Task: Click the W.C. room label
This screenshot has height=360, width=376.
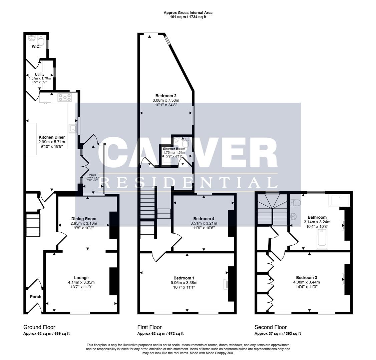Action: [36, 46]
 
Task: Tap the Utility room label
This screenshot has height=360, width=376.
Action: [40, 75]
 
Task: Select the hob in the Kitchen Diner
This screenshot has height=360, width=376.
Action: [65, 98]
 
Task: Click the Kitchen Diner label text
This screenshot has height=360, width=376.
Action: [52, 137]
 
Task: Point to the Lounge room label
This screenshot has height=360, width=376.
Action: [81, 278]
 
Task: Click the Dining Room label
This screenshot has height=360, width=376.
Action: [84, 219]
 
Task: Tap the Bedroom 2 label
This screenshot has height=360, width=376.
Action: [166, 96]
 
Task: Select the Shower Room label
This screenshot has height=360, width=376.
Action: [174, 149]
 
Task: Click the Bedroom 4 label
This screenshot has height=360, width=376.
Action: [204, 219]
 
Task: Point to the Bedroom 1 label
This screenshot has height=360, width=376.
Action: [184, 278]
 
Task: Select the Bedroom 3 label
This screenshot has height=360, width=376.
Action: [306, 277]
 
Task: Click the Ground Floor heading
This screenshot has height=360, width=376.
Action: [39, 327]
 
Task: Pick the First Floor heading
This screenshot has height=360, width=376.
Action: [149, 327]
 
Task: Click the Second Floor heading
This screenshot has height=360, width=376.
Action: [271, 327]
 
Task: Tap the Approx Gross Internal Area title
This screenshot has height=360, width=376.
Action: [188, 13]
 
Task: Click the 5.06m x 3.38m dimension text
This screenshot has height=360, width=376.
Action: [184, 283]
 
